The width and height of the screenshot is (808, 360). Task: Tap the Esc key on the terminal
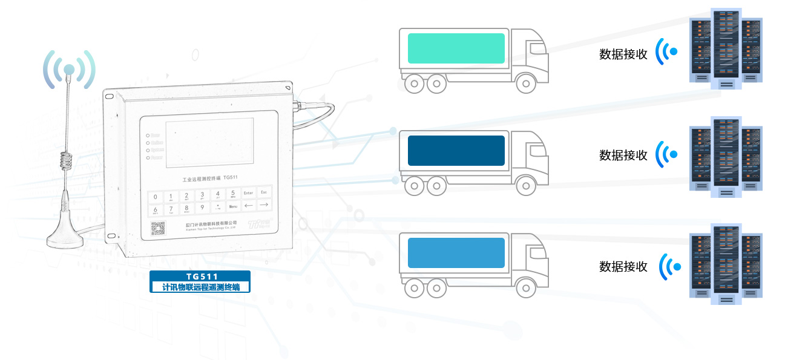(x=263, y=192)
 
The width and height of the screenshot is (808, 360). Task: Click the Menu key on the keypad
(x=233, y=207)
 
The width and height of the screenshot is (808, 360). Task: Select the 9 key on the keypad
(x=202, y=208)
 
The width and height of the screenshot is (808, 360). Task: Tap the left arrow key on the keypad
(x=248, y=206)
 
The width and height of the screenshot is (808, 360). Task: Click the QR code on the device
(x=157, y=229)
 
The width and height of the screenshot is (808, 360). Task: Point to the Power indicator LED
(x=148, y=157)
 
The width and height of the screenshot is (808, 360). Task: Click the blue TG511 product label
(x=200, y=282)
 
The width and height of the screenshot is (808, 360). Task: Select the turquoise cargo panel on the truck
(x=456, y=48)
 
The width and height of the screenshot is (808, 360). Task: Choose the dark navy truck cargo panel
(x=456, y=151)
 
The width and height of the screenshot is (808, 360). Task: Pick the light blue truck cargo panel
(x=456, y=253)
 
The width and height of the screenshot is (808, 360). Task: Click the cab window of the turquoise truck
(x=535, y=49)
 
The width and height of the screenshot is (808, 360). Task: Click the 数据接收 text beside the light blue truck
(x=623, y=266)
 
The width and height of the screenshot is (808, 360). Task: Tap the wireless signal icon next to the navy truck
(x=666, y=155)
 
